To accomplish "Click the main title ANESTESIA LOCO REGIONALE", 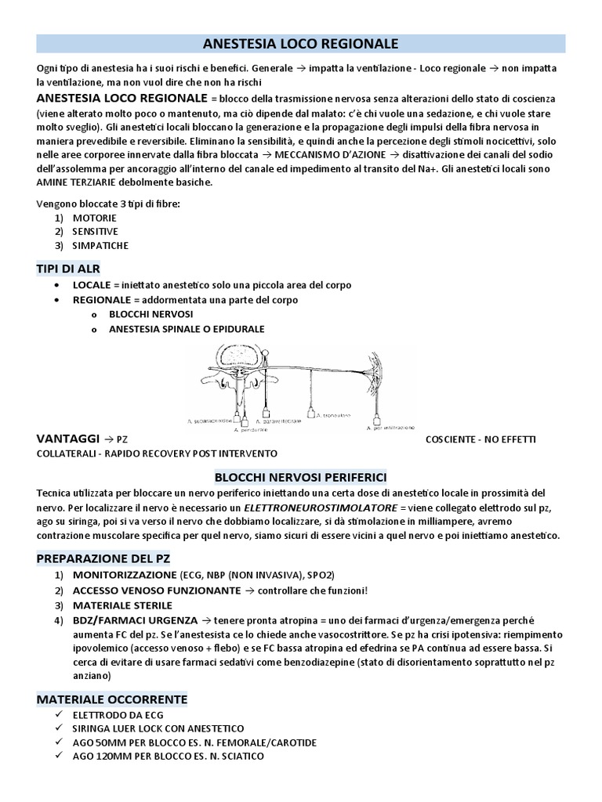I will coord(301,43).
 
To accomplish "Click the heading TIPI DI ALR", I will coord(68,269).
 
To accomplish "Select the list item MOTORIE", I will coord(95,218).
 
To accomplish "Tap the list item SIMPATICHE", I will coord(100,245).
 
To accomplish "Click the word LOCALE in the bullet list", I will coord(92,286).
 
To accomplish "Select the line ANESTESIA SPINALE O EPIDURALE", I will coord(187,329).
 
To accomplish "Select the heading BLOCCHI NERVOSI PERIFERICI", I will coord(301,477).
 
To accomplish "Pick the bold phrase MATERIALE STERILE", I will coord(118,605).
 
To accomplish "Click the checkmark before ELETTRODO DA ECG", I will coord(60,714).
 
